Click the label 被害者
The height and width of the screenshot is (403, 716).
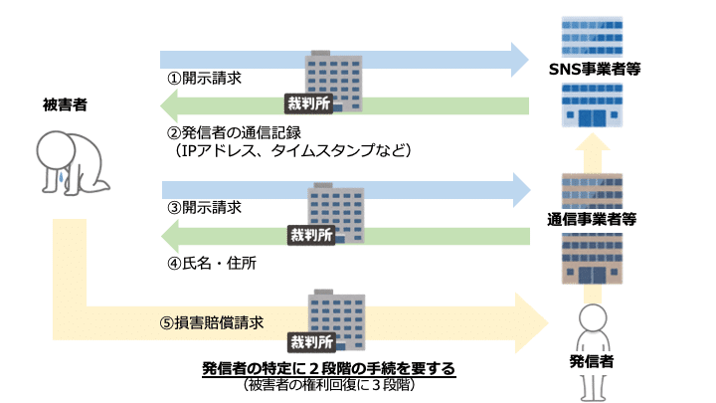[67, 102]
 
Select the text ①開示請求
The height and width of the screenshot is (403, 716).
[204, 78]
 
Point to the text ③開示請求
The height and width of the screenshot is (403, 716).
[204, 207]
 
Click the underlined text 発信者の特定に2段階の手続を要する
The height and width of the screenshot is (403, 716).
[328, 369]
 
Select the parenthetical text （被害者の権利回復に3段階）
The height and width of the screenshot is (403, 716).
[328, 385]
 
